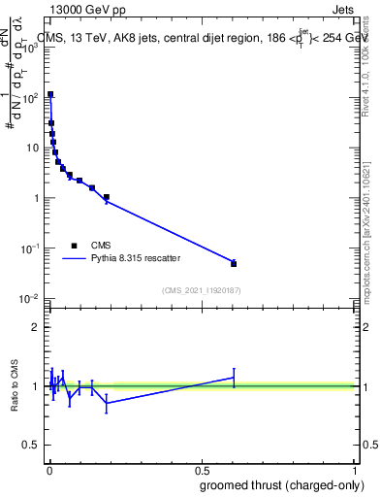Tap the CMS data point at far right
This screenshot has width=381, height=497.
pyautogui.click(x=234, y=263)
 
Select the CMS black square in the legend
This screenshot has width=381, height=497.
pyautogui.click(x=74, y=246)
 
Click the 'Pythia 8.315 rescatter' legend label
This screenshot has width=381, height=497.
pyautogui.click(x=134, y=259)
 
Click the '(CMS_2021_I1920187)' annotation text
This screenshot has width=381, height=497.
pyautogui.click(x=201, y=290)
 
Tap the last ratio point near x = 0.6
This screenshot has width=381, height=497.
pyautogui.click(x=234, y=377)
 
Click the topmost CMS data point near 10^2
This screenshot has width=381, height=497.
pyautogui.click(x=50, y=95)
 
